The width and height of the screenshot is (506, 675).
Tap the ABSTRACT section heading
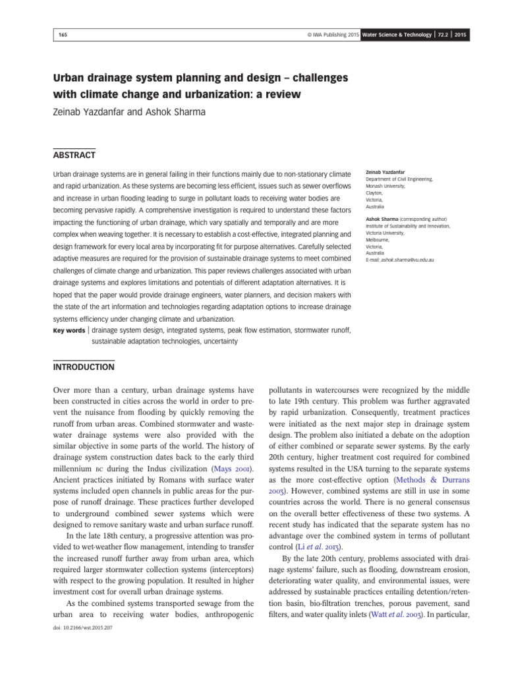point(74,155)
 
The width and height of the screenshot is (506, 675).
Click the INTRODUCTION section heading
point(84,367)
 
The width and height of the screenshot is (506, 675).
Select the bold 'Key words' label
point(69,330)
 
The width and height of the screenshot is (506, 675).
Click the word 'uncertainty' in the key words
point(217,341)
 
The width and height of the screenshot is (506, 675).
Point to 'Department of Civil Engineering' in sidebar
point(399,179)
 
